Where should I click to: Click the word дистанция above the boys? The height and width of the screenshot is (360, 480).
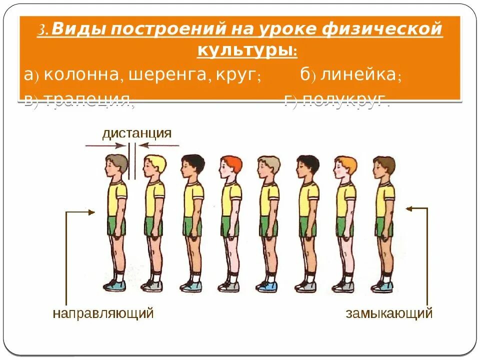point(137,133)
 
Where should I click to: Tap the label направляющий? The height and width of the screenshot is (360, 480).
point(103,313)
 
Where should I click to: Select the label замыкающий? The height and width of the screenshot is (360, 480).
point(389,313)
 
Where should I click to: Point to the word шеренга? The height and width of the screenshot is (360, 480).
point(167,75)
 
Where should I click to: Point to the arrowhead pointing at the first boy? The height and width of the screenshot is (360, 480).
point(91,212)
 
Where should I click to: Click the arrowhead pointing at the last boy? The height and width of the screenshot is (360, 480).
point(409,208)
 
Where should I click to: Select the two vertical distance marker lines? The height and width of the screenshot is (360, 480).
point(132,161)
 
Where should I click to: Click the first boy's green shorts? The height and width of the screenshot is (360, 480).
point(116,225)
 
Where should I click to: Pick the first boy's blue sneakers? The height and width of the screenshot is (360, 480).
point(115,286)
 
